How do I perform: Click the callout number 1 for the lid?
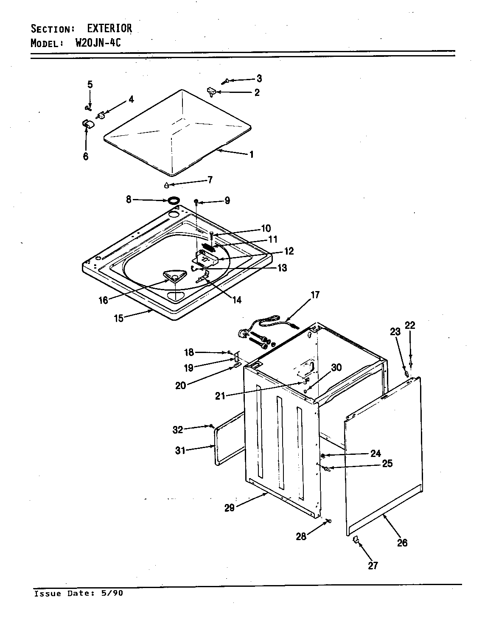(x=251, y=154)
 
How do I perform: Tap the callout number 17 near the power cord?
(x=315, y=295)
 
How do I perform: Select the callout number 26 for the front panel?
(x=402, y=542)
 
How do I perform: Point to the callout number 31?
(x=180, y=450)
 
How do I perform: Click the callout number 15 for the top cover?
(x=118, y=318)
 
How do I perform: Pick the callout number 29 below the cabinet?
(x=229, y=507)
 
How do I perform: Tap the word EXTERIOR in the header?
(x=109, y=28)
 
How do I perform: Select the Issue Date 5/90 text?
(x=78, y=593)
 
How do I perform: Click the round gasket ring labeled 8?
(x=173, y=200)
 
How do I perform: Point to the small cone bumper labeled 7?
(x=167, y=185)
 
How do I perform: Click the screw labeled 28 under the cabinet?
(x=328, y=521)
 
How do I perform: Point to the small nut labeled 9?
(x=196, y=201)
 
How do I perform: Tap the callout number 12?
(x=289, y=251)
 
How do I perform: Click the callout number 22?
(x=410, y=325)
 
